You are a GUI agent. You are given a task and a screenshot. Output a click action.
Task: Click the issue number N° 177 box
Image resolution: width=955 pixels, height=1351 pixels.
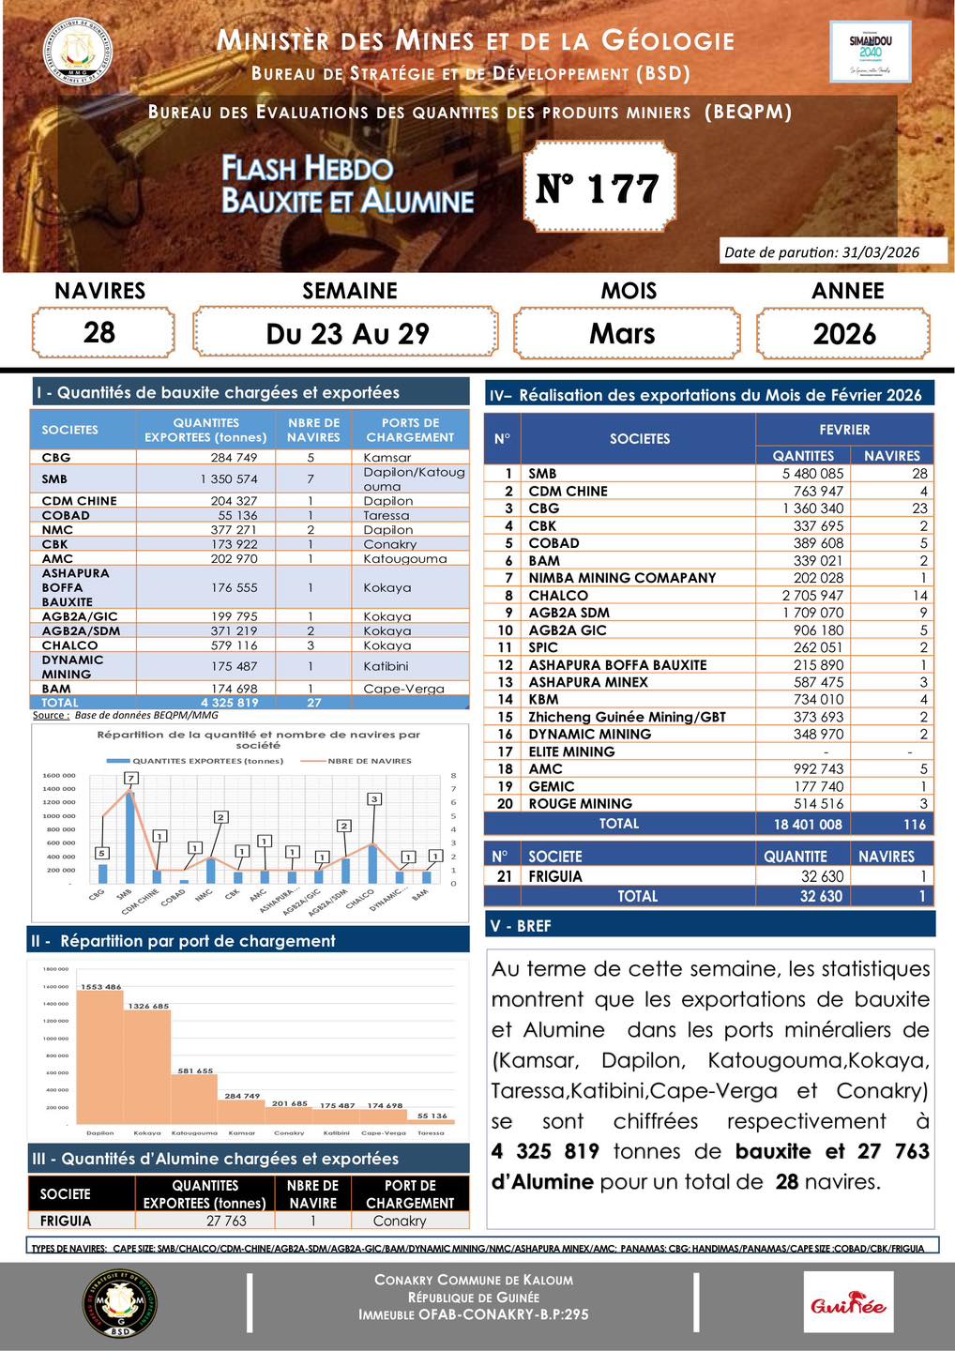(x=599, y=188)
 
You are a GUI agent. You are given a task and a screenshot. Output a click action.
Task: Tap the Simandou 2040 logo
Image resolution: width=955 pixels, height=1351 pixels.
(x=871, y=53)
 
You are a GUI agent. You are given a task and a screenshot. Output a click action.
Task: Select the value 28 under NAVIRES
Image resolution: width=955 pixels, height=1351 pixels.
(x=100, y=333)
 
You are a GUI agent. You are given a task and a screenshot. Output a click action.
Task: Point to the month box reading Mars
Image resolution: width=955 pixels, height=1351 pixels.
(x=624, y=334)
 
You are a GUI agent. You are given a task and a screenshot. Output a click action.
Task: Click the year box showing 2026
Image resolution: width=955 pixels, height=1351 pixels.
(x=844, y=334)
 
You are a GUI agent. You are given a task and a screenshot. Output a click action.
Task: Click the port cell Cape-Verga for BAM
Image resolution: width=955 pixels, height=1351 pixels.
(x=403, y=689)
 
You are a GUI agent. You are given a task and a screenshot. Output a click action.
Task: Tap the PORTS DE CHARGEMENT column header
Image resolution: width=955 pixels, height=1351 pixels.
(x=411, y=431)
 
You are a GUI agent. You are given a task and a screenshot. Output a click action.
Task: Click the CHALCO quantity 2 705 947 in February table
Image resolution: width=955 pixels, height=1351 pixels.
(x=808, y=596)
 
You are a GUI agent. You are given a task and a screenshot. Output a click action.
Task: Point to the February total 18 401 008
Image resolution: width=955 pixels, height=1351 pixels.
(x=808, y=825)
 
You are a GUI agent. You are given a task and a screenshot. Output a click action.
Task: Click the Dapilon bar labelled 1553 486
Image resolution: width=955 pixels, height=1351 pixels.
(x=100, y=1055)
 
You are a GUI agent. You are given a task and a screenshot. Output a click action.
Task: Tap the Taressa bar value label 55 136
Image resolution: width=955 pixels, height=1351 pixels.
(x=432, y=1116)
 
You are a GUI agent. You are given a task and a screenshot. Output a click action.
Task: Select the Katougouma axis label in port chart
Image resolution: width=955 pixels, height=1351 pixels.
(x=194, y=1133)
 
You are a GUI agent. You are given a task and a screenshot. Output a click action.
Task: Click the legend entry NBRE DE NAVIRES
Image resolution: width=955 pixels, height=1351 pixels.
(x=369, y=761)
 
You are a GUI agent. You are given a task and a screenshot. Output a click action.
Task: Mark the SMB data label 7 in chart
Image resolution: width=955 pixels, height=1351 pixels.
(x=131, y=778)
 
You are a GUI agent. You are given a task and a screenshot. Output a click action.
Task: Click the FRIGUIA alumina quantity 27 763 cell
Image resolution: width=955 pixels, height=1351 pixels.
(x=226, y=1222)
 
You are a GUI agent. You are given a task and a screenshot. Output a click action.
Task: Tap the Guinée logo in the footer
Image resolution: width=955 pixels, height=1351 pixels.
(x=848, y=1304)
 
